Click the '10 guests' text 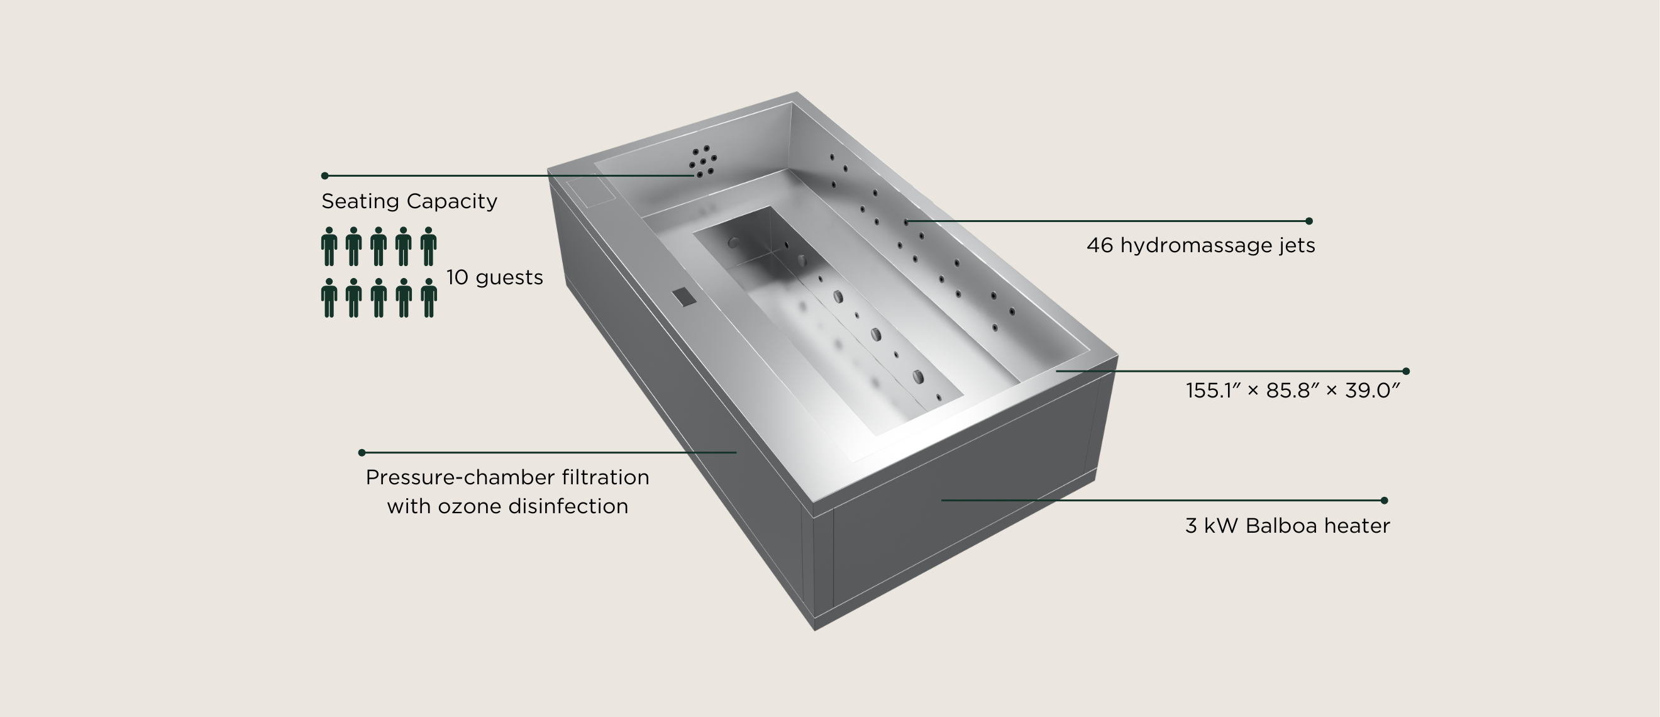tap(494, 277)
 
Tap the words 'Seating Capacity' tap(409, 201)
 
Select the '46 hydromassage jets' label tap(1200, 245)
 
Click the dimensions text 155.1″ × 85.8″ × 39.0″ tap(1293, 390)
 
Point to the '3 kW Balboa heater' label tap(1288, 526)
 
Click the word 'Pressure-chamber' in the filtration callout tap(458, 477)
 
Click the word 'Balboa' tap(1282, 526)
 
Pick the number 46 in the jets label tap(1100, 245)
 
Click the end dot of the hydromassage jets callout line tap(1309, 221)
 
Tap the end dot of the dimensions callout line tap(1406, 372)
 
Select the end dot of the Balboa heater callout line tap(1384, 501)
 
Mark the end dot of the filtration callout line tap(362, 453)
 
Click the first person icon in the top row tap(329, 247)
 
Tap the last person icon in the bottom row tap(429, 298)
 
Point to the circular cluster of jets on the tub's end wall tap(703, 161)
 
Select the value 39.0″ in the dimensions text tap(1373, 390)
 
